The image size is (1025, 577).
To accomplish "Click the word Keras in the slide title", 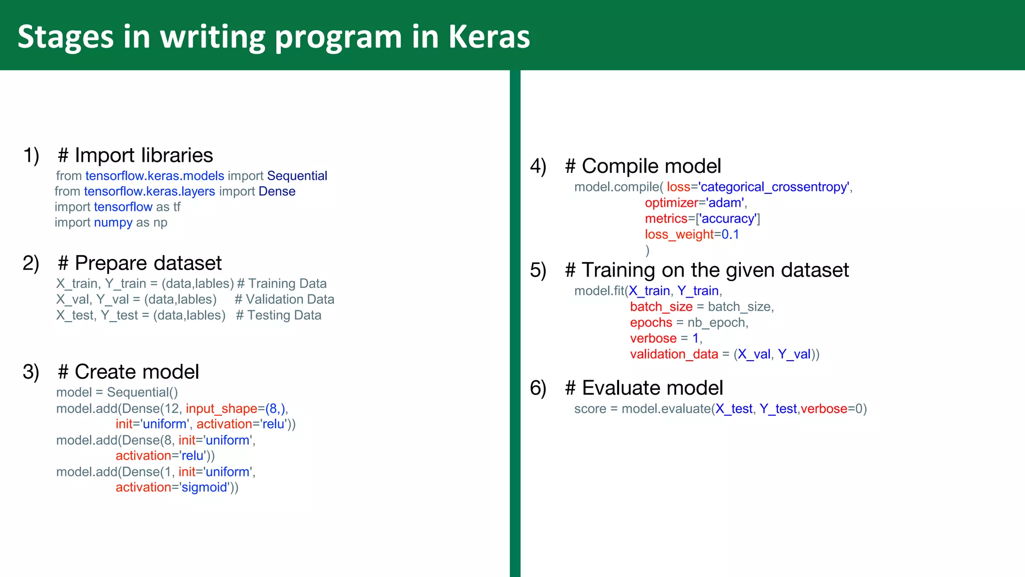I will pos(489,37).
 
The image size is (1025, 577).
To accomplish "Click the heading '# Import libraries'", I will pos(136,155).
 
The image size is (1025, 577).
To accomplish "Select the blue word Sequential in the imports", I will pos(297,176).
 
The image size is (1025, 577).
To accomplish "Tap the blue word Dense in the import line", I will pos(277,191).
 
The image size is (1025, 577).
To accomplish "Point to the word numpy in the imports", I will pos(113,222).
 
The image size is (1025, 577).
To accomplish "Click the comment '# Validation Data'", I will pos(284,300).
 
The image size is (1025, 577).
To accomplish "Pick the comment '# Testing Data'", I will pos(279,316).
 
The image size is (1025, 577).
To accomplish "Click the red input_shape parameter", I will pos(221,409).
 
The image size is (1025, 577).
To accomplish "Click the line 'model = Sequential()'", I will pos(117,392).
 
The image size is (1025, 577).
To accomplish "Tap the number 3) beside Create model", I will pos(31,372).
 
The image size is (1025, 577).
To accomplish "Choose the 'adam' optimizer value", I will pos(725,203).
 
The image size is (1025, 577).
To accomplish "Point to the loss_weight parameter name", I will pos(679,234).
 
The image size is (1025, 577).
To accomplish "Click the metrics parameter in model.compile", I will pos(666,218).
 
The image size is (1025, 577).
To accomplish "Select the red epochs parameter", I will pos(651,323).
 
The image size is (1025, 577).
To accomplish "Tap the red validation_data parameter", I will pos(674,354).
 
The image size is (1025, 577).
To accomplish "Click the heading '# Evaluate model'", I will pos(644,388).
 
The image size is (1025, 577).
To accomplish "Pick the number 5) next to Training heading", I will pos(538,270).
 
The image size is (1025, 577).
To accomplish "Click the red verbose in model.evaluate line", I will pos(824,409).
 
